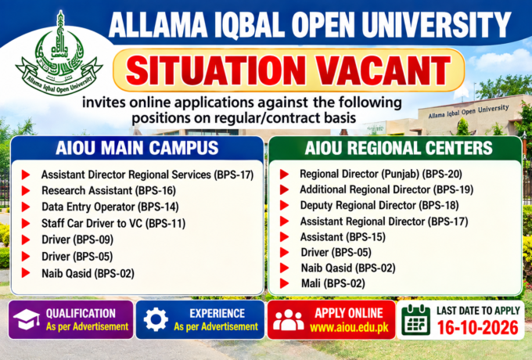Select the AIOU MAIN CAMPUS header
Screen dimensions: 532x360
tap(137, 148)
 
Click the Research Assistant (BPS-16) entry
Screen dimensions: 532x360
tap(109, 191)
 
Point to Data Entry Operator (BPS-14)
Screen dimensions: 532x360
tap(110, 207)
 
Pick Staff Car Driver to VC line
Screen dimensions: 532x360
tap(113, 224)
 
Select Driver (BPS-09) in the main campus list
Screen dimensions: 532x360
tap(77, 240)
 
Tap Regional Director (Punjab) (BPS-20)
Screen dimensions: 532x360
tap(381, 174)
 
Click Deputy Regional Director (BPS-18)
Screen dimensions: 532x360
tap(379, 205)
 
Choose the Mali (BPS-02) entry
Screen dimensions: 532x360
tap(332, 283)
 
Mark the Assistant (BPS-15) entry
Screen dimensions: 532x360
tap(343, 237)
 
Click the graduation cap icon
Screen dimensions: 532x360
tap(27, 319)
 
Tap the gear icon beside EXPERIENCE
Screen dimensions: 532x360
tap(156, 319)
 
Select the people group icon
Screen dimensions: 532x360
tap(289, 320)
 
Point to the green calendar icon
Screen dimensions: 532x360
tap(415, 319)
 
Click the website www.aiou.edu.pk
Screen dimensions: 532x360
tap(349, 328)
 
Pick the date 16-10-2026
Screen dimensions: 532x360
tap(478, 328)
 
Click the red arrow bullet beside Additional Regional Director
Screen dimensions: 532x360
tap(284, 189)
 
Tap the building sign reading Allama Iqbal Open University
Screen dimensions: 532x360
tap(469, 112)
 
